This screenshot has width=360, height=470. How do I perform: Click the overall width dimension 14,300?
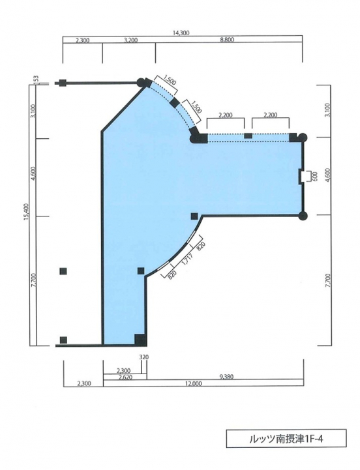pos(181,33)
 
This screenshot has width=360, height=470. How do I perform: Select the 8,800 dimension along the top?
pos(227,40)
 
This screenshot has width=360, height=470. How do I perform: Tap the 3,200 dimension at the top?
pos(130,40)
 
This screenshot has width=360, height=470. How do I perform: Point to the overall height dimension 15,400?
pos(26,213)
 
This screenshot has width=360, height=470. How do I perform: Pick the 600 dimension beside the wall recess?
pos(315,177)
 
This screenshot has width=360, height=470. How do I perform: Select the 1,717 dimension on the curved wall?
pos(187,258)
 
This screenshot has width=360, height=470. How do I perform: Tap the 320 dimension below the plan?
pos(144,357)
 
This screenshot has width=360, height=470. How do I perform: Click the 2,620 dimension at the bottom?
pos(125,377)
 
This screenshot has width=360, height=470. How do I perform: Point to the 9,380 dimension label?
pos(226,377)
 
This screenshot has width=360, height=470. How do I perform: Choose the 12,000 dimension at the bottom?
pos(194,383)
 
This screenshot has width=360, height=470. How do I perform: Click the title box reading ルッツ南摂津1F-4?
pos(286,439)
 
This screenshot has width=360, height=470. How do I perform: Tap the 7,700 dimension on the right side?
pos(327,280)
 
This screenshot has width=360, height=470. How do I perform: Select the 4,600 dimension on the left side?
pos(34,173)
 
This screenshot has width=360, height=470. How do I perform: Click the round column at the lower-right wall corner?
pos(303,215)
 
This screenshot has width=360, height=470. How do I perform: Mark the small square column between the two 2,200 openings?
pos(248,136)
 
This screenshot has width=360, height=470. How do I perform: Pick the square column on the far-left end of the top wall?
pos(63,83)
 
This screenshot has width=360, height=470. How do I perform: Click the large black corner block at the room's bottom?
pos(140,340)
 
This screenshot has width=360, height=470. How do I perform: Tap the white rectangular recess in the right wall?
pos(305,176)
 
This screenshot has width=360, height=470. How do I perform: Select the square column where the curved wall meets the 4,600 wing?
pos(194,216)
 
